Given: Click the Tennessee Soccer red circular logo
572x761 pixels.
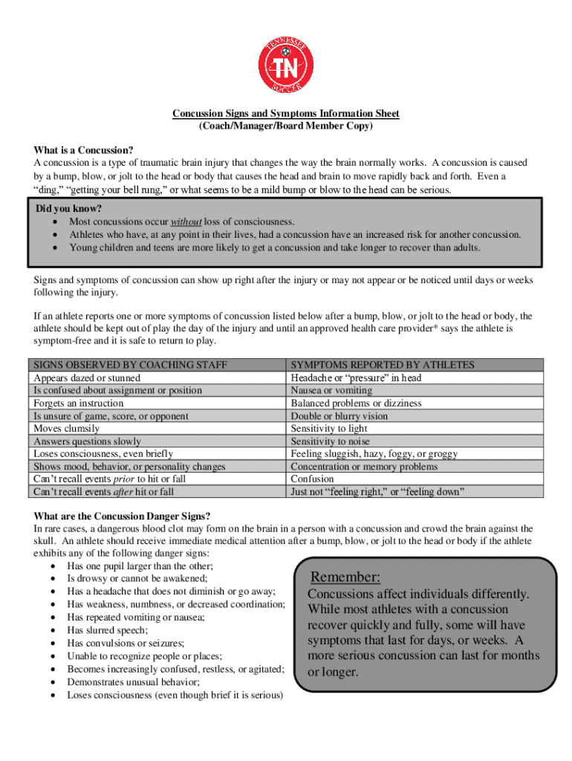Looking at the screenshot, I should [286, 64].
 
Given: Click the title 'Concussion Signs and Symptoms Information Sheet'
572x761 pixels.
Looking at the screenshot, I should [286, 114].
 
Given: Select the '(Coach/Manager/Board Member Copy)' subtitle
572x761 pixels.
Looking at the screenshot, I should [286, 126].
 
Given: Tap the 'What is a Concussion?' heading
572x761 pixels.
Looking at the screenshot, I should [83, 151].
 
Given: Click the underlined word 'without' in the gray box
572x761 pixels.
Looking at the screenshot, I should [186, 221].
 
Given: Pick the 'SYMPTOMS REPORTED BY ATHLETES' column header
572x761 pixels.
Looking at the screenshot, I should [383, 365].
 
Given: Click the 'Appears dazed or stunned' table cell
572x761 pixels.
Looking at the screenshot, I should [87, 378].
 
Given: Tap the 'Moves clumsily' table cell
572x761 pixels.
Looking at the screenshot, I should [67, 429].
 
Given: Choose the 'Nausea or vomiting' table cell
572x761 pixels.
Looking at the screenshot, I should [331, 390].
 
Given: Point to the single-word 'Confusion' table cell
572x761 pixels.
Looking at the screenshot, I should [312, 479].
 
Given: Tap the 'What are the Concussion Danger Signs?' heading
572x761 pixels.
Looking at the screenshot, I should [123, 516].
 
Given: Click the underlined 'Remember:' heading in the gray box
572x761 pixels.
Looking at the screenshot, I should [345, 577].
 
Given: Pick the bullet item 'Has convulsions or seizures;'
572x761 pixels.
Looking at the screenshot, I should [126, 643].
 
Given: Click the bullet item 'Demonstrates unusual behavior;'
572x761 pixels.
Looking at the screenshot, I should [134, 682].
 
